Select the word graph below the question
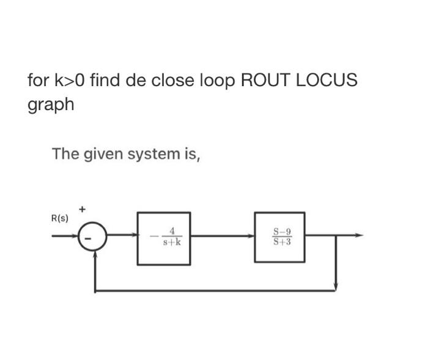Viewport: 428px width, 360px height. tap(51, 105)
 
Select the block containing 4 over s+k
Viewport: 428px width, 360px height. tap(163, 238)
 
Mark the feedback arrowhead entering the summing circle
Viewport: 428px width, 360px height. tap(94, 255)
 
